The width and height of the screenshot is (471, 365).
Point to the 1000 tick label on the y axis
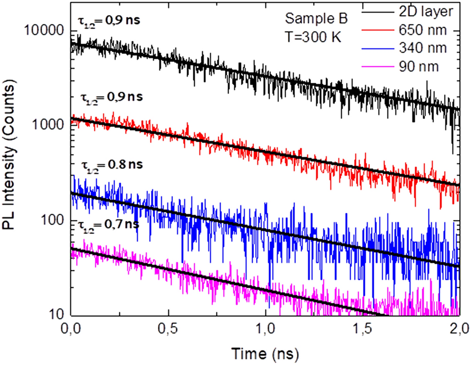(x=48, y=126)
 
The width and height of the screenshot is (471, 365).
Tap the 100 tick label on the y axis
(x=52, y=221)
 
